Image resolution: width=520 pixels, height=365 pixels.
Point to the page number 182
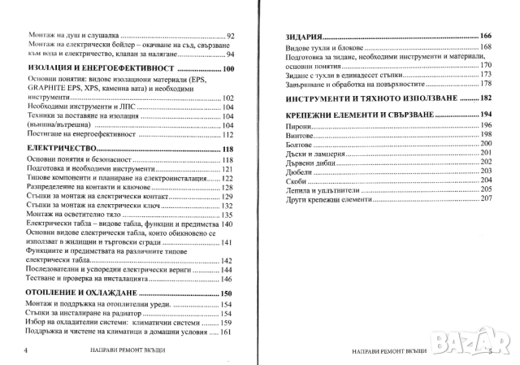point(487,98)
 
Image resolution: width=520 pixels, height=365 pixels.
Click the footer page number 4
point(28,350)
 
